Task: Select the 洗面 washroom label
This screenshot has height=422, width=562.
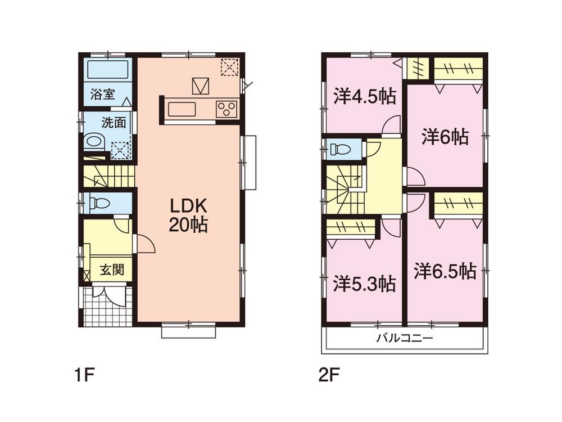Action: point(114,123)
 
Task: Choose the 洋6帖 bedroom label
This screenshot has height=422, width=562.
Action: point(445,137)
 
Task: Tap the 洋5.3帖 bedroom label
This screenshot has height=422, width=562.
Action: point(364,283)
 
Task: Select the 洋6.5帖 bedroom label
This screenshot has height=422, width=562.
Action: point(445,272)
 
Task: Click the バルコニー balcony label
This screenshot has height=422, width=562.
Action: point(404,338)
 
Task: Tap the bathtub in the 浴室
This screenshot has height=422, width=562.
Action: point(107,70)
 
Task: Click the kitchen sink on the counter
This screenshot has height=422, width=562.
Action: point(182,109)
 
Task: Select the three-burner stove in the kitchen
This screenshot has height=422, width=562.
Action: point(226,109)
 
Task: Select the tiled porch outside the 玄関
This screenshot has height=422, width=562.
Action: point(107,306)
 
